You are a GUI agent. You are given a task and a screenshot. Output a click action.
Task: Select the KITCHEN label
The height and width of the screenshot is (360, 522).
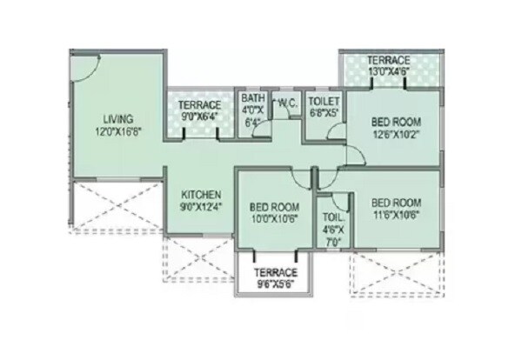pos(200,194)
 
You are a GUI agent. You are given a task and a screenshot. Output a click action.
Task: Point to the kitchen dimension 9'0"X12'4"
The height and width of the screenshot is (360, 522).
pos(200,206)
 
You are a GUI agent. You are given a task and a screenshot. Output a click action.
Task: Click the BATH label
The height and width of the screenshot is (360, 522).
pos(254,98)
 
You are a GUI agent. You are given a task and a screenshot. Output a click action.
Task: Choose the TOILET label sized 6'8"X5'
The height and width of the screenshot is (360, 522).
pos(324,100)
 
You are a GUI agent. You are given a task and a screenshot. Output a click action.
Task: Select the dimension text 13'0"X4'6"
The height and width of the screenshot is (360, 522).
pos(390,72)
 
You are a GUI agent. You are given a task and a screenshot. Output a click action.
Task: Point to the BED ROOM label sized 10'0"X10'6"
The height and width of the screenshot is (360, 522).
pos(275,206)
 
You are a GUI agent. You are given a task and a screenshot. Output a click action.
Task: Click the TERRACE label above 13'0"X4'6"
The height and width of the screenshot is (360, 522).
pos(390,60)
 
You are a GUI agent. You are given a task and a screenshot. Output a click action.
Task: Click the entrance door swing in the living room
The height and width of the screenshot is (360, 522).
pos(85,65)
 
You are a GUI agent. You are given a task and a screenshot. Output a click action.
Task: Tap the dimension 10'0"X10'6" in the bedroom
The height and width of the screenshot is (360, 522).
pos(275,219)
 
